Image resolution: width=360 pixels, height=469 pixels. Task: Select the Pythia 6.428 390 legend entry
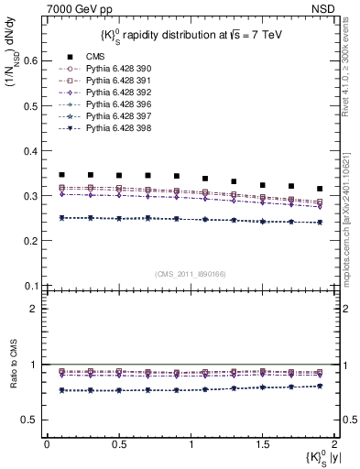(114, 69)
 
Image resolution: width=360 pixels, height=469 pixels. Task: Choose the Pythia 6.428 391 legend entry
(114, 81)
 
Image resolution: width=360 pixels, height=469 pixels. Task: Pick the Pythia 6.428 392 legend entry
(114, 93)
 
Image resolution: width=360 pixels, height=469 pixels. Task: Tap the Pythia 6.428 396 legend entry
(114, 104)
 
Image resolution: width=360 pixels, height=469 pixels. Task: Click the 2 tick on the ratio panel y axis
(37, 309)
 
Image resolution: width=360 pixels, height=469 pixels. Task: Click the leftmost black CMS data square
(61, 174)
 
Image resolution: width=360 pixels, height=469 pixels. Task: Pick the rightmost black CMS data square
(320, 189)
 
